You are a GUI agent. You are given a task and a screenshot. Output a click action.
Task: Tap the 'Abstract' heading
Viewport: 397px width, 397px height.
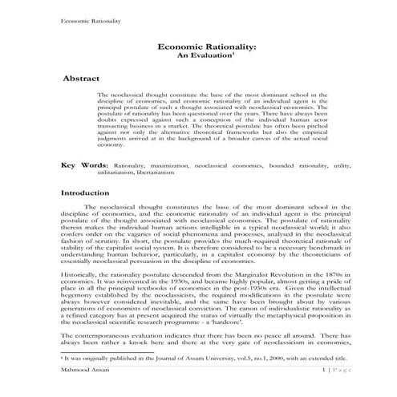85,81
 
